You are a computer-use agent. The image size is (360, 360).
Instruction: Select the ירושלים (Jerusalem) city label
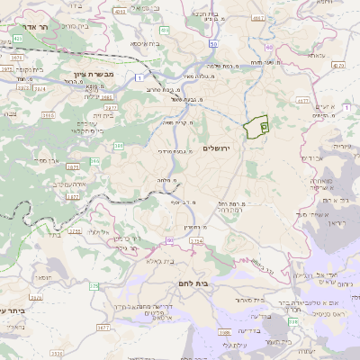217,148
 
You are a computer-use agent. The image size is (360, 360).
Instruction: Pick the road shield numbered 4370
337,65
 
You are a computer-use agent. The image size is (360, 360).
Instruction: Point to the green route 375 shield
94,286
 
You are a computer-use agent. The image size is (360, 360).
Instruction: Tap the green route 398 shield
292,321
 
